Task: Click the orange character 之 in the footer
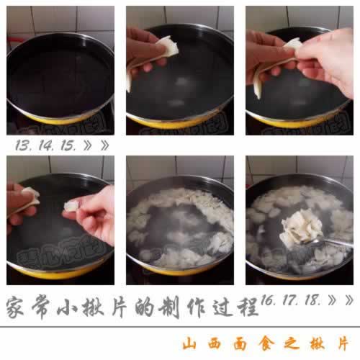pos(293,343)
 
